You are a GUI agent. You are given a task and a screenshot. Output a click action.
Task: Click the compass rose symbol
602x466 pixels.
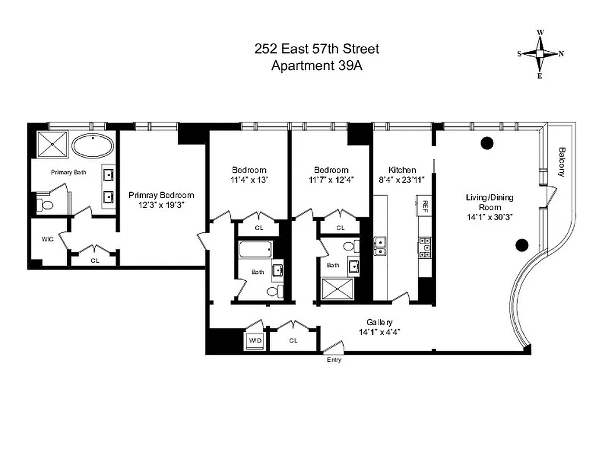click(540, 54)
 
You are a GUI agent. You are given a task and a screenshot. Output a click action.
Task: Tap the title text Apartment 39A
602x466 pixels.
click(317, 65)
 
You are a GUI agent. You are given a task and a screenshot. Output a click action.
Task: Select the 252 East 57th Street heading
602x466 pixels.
click(317, 49)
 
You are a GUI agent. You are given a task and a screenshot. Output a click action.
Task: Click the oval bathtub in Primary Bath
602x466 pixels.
click(93, 146)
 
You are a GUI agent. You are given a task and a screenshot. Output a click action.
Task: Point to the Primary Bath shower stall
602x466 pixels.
click(52, 144)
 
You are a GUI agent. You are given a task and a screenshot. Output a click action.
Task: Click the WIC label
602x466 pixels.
click(48, 239)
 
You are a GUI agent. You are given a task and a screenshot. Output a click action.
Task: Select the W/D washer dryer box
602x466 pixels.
click(255, 340)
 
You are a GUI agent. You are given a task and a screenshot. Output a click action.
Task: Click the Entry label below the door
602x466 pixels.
click(334, 360)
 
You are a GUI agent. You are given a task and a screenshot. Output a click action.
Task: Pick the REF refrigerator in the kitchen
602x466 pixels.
click(425, 206)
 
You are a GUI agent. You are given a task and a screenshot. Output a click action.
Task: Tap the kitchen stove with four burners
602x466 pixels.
click(425, 248)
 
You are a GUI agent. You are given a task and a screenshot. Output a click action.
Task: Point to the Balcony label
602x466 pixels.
click(562, 161)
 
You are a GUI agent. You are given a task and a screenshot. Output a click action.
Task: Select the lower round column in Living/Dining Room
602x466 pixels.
click(522, 244)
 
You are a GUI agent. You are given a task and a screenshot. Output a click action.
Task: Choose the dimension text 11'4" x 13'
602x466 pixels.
click(248, 180)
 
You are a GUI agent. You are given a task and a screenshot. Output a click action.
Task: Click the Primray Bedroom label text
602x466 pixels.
click(161, 196)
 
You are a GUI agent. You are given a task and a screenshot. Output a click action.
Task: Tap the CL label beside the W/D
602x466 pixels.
click(293, 340)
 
